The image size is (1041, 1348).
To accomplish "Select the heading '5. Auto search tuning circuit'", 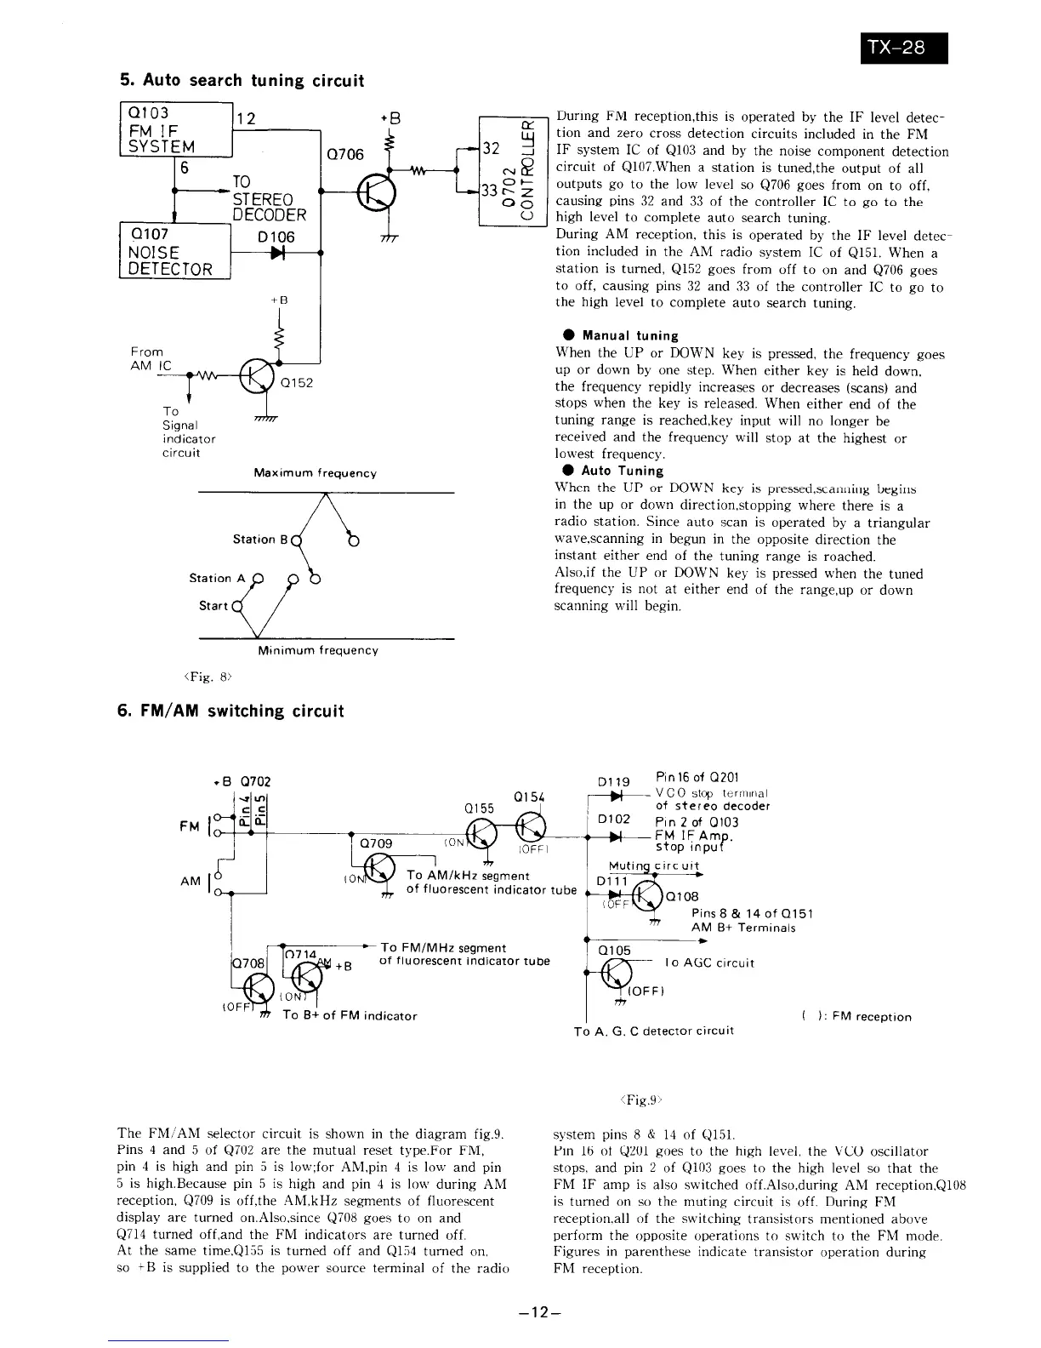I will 242,81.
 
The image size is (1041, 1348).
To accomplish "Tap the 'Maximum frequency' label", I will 315,473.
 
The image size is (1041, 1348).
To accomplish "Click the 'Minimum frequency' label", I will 318,650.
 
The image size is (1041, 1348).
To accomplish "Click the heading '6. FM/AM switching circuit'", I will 231,711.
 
